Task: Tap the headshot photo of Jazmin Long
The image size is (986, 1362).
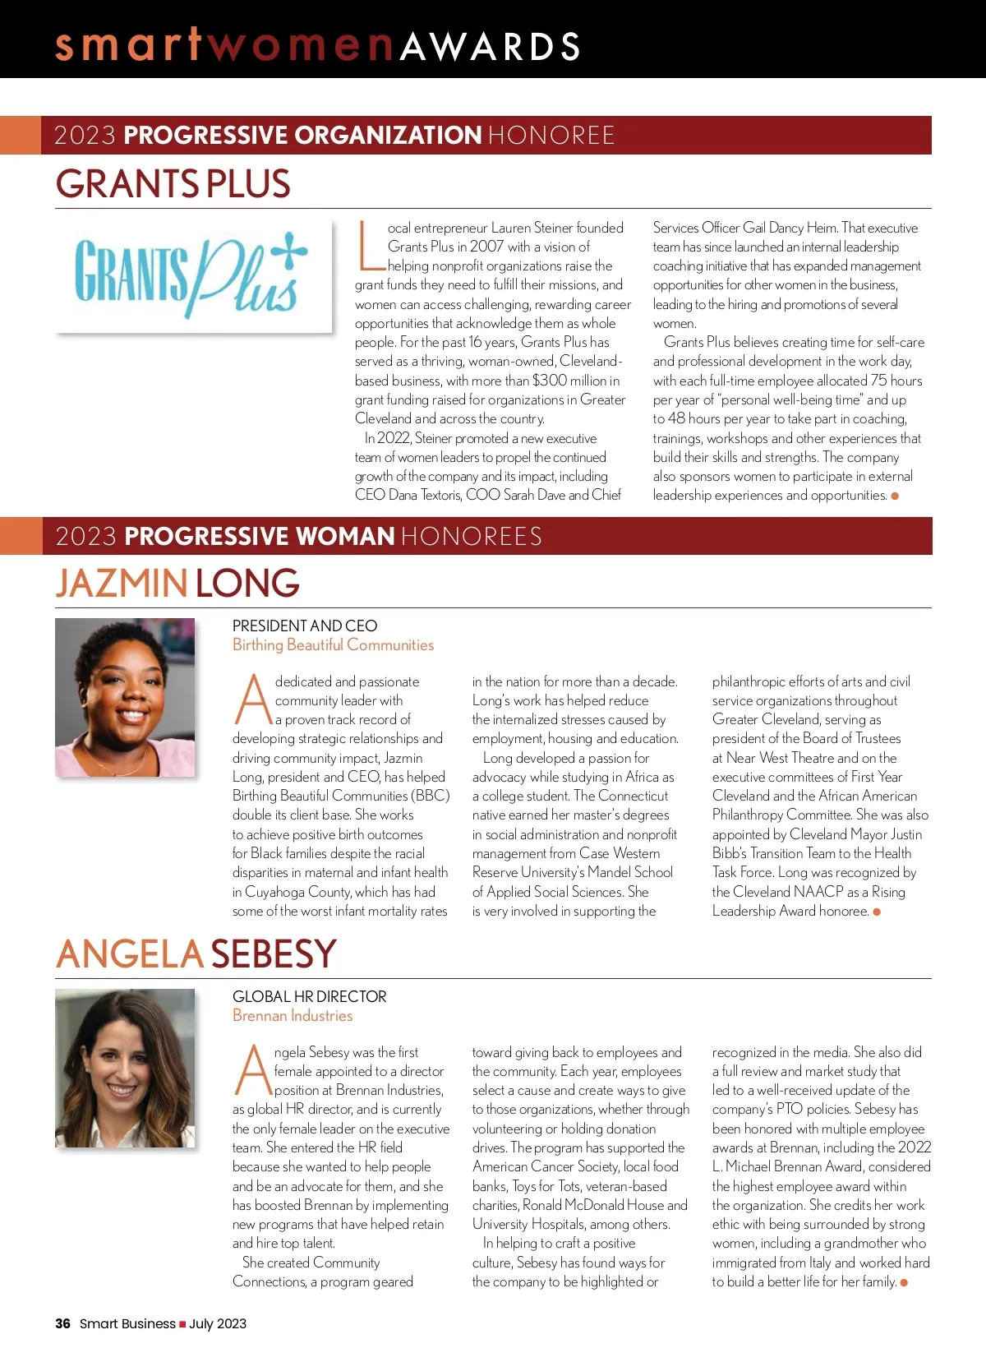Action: pyautogui.click(x=125, y=697)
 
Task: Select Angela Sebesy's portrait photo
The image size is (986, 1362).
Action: pyautogui.click(x=125, y=1068)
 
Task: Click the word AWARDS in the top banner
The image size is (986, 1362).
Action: pyautogui.click(x=491, y=46)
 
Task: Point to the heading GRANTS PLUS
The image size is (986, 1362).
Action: pyautogui.click(x=173, y=183)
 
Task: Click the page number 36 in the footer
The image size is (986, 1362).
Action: pyautogui.click(x=62, y=1323)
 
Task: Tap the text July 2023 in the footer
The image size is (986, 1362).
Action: pyautogui.click(x=218, y=1323)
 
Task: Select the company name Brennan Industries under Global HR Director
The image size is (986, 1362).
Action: pyautogui.click(x=293, y=1016)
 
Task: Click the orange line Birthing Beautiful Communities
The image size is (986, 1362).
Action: pyautogui.click(x=333, y=645)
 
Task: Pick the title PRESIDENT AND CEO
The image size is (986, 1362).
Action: pyautogui.click(x=305, y=626)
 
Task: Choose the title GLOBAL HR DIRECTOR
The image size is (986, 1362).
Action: pyautogui.click(x=310, y=996)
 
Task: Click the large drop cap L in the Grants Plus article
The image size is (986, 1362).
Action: pyautogui.click(x=370, y=246)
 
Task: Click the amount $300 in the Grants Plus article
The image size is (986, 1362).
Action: pyautogui.click(x=550, y=381)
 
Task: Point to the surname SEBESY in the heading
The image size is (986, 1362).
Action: pyautogui.click(x=274, y=953)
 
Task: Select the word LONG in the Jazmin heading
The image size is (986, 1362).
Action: pyautogui.click(x=247, y=583)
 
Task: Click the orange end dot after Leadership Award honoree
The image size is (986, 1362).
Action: pyautogui.click(x=877, y=912)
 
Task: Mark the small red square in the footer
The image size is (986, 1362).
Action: pyautogui.click(x=182, y=1324)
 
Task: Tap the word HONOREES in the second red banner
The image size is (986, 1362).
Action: pyautogui.click(x=472, y=537)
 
